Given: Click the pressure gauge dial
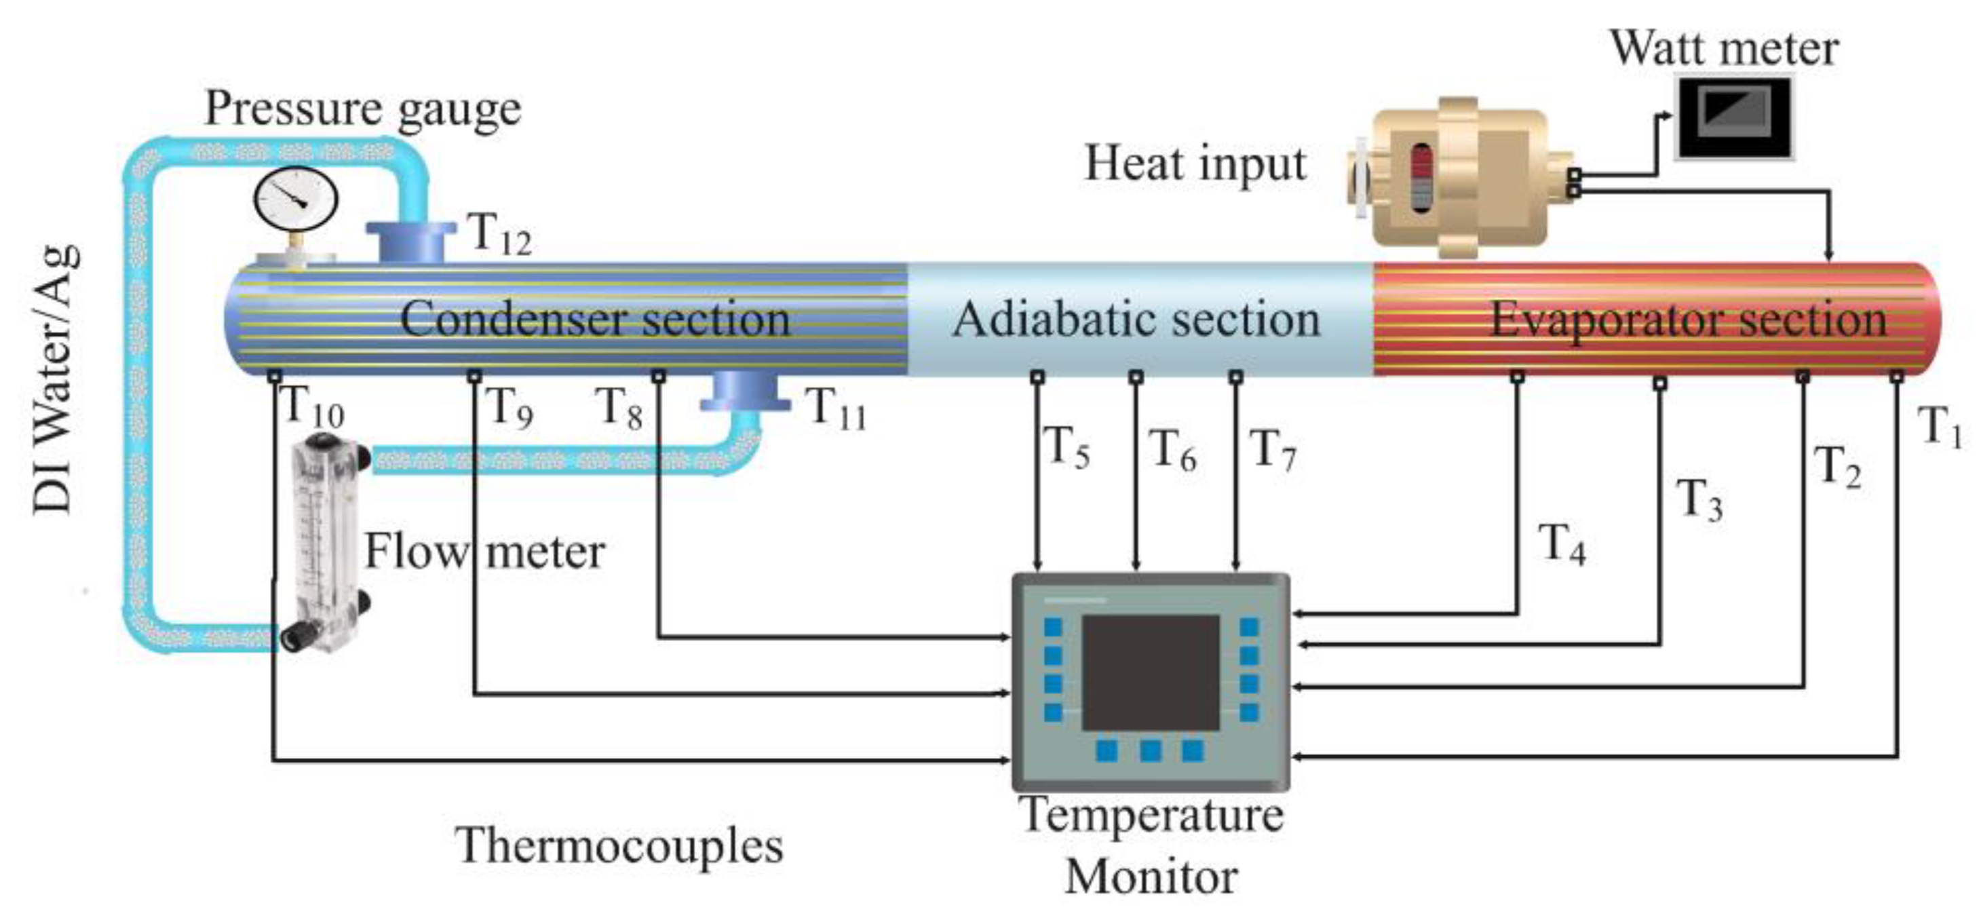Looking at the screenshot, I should pyautogui.click(x=295, y=199).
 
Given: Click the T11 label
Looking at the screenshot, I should pyautogui.click(x=836, y=408).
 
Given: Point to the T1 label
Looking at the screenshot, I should pyautogui.click(x=1939, y=427).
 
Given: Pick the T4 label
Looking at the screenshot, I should pyautogui.click(x=1561, y=543).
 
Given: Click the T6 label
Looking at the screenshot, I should pyautogui.click(x=1172, y=450).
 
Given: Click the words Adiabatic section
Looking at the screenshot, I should pyautogui.click(x=1136, y=319).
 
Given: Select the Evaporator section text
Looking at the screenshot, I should pyautogui.click(x=1688, y=319).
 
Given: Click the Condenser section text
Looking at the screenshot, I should pyautogui.click(x=594, y=319).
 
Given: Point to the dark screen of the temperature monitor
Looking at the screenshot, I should pyautogui.click(x=1151, y=672).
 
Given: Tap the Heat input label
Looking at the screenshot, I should pyautogui.click(x=1194, y=164).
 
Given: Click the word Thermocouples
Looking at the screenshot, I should pyautogui.click(x=619, y=845).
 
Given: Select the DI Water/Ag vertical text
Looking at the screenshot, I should pyautogui.click(x=56, y=380).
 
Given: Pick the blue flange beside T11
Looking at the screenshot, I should pyautogui.click(x=744, y=391).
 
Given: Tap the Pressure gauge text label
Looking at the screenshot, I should pyautogui.click(x=362, y=109).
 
